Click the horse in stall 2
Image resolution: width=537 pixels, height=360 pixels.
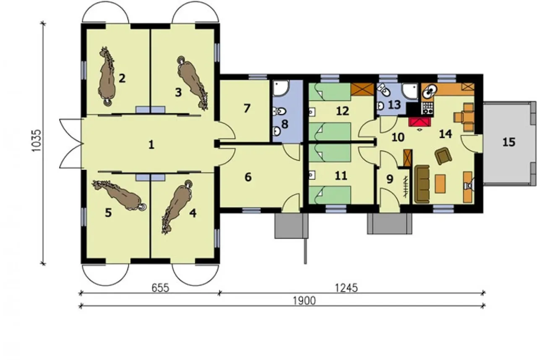(x=107, y=76)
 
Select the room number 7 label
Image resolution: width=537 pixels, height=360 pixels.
(x=247, y=108)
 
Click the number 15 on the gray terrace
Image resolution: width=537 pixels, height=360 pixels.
(x=509, y=142)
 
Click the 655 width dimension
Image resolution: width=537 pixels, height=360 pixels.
(x=160, y=288)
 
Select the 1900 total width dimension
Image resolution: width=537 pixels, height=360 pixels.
(x=304, y=301)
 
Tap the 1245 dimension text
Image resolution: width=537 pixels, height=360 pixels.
(x=346, y=288)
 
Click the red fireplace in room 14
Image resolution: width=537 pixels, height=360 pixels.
(x=420, y=122)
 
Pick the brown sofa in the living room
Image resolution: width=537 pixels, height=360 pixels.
(x=422, y=184)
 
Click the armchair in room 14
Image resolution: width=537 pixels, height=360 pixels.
(x=443, y=156)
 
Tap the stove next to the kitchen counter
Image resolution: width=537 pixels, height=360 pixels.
(x=428, y=108)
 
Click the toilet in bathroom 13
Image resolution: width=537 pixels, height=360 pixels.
(x=384, y=90)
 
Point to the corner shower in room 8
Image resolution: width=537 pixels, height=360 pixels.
(x=281, y=88)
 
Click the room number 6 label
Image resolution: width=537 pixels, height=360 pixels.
(x=248, y=177)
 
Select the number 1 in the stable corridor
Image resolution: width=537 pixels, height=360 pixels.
(x=151, y=145)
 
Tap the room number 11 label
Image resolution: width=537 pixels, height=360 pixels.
(x=341, y=176)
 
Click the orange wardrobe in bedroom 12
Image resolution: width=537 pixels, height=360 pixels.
(x=362, y=89)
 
